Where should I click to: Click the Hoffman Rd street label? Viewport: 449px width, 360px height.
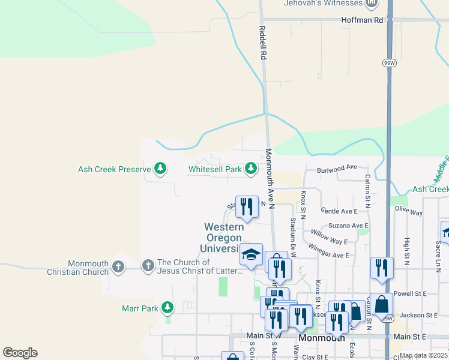[361, 20]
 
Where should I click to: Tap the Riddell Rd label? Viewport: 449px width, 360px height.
[262, 42]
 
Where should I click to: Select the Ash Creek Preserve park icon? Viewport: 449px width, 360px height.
[160, 169]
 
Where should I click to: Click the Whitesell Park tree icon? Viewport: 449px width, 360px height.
[251, 169]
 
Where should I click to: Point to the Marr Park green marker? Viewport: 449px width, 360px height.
[167, 308]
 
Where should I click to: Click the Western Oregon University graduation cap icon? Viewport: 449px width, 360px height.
[252, 255]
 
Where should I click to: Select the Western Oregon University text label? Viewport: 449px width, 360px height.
[224, 238]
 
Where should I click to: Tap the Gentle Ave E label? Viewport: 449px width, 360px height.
[339, 211]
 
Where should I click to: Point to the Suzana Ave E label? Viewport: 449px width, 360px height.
[348, 226]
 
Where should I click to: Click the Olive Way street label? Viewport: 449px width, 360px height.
[409, 212]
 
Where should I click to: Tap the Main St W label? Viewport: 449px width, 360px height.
[264, 335]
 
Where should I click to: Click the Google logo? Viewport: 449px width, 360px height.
[20, 353]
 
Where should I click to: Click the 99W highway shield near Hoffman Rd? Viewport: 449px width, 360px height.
[388, 62]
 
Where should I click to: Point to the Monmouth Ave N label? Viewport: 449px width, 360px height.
[270, 179]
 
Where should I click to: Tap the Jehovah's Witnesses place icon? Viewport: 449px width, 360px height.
[372, 3]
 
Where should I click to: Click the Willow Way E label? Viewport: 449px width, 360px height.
[329, 237]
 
